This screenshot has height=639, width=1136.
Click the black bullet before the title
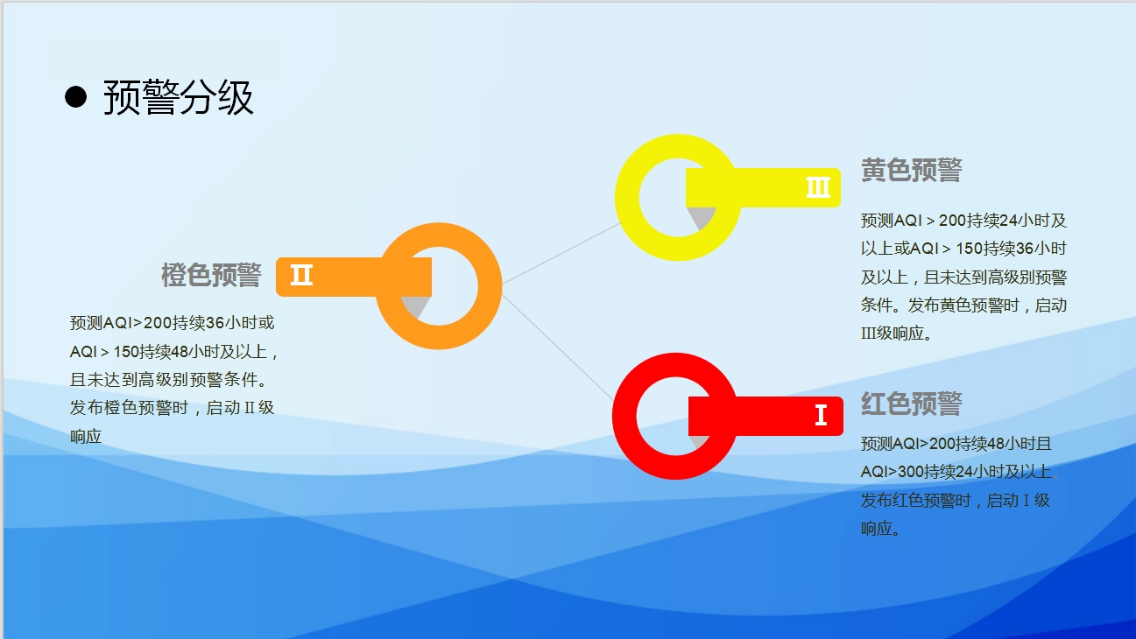click(75, 97)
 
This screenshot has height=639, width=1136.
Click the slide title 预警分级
click(178, 97)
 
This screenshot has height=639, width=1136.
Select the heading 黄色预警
click(911, 171)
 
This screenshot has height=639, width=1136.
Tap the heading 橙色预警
click(211, 275)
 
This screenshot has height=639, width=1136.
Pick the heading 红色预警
click(911, 404)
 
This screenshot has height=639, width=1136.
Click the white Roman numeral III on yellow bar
click(818, 187)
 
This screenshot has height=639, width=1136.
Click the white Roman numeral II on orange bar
click(301, 275)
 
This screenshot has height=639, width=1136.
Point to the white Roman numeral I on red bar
click(821, 415)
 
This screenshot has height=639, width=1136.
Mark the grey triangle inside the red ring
click(699, 441)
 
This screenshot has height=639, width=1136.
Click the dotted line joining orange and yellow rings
click(561, 252)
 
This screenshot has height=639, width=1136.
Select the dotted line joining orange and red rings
click(558, 348)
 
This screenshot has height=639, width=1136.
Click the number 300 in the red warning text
click(910, 472)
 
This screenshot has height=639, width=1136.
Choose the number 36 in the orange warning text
click(215, 323)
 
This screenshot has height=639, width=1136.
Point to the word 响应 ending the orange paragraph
click(86, 436)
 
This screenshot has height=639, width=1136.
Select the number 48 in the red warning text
click(994, 444)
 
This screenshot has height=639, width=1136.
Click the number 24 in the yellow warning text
click(1008, 221)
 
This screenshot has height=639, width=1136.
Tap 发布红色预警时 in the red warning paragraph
click(915, 501)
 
